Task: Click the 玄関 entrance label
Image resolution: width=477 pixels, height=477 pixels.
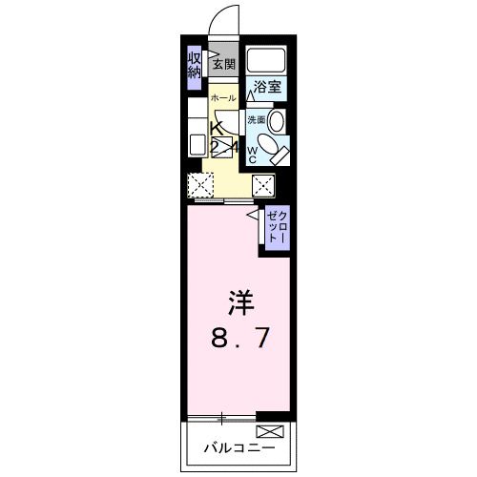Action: pos(223,66)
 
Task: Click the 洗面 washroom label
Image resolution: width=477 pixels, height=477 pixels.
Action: pos(256,120)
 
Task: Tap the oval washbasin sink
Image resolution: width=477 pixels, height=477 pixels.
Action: pos(277,121)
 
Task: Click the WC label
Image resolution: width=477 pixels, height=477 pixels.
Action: pos(253,156)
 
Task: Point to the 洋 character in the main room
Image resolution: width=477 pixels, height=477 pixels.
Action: pos(239,302)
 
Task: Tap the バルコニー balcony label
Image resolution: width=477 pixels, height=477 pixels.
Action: pos(238,446)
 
